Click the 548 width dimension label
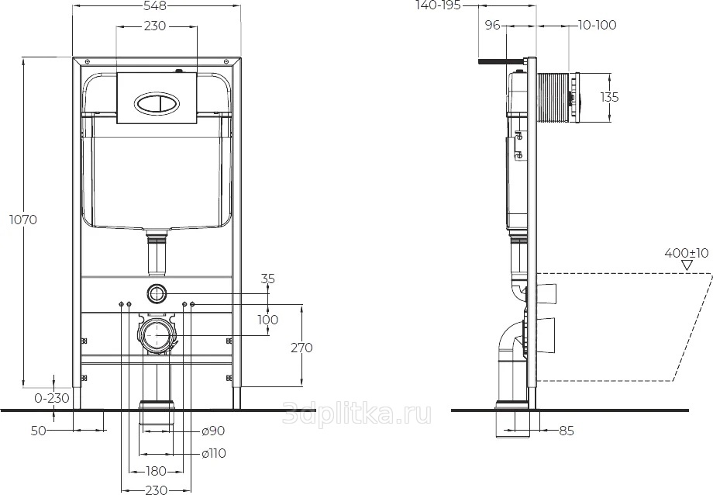tap(154, 5)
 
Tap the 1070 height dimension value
tap(23, 220)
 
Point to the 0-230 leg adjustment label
tap(52, 398)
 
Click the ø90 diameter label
tap(213, 431)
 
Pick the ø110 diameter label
tap(214, 453)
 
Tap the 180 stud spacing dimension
tap(156, 471)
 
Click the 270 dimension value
tap(301, 348)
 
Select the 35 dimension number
tap(268, 279)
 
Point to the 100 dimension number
tap(268, 320)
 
